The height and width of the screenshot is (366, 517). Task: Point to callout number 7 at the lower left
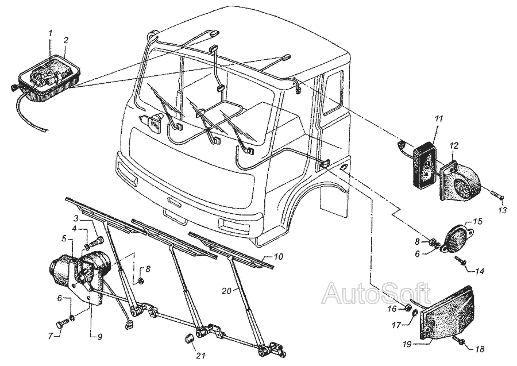(51, 335)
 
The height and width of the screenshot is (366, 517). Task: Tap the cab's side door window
(333, 93)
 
